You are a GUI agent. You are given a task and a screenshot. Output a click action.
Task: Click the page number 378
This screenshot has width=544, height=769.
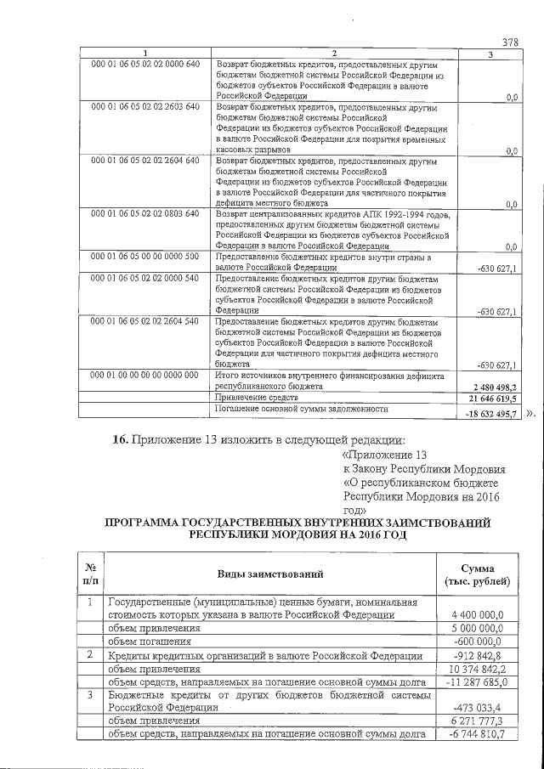pyautogui.click(x=510, y=42)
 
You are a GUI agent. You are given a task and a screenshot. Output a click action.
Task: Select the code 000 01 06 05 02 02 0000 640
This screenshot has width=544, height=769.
pyautogui.click(x=139, y=65)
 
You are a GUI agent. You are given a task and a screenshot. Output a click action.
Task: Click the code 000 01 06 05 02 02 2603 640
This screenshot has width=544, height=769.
pyautogui.click(x=139, y=107)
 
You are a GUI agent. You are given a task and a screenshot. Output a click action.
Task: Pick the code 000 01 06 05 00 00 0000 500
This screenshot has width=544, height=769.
pyautogui.click(x=139, y=256)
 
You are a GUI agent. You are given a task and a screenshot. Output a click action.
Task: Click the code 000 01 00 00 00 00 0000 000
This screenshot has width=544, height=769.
pyautogui.click(x=139, y=375)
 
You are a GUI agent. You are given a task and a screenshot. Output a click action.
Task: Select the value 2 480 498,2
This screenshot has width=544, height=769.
pyautogui.click(x=490, y=386)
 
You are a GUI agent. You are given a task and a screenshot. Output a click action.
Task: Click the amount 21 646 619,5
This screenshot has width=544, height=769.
pyautogui.click(x=490, y=398)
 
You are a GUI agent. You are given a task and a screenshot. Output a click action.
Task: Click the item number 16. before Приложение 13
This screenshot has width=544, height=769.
pyautogui.click(x=120, y=440)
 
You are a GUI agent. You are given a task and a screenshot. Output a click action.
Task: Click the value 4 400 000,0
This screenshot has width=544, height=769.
pyautogui.click(x=479, y=615)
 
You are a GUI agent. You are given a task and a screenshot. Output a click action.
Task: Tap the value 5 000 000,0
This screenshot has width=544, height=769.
pyautogui.click(x=479, y=629)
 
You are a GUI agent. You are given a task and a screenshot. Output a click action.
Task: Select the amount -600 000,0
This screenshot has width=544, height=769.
pyautogui.click(x=480, y=642)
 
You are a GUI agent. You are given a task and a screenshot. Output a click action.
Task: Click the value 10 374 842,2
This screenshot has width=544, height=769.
pyautogui.click(x=476, y=669)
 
